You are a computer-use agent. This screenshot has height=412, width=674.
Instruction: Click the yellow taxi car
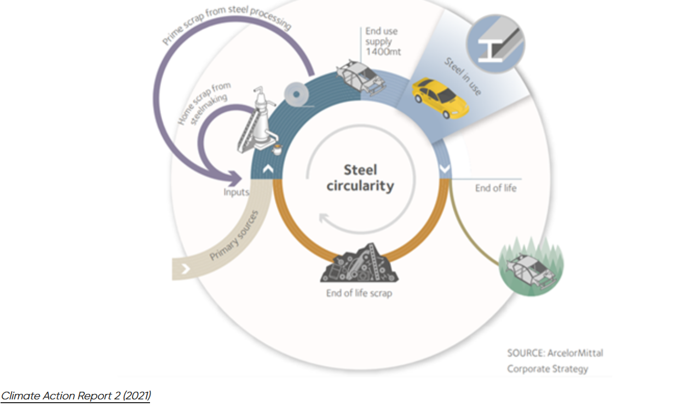coord(440,98)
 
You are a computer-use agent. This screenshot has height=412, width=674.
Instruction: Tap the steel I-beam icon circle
coord(496,44)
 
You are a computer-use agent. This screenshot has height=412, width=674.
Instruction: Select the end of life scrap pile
coord(359,263)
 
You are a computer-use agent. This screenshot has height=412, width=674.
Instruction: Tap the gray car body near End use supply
coord(361,78)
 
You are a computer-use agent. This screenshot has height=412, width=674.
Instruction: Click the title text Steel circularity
coord(360,178)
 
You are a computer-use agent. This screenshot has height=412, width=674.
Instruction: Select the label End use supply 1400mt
coord(383,41)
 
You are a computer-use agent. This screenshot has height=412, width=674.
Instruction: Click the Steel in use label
coord(463,76)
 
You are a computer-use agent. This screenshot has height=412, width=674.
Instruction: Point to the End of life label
coord(496,188)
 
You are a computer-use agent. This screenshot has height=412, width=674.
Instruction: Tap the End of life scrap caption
coord(359,293)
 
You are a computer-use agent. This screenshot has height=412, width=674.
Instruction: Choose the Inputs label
coord(237,192)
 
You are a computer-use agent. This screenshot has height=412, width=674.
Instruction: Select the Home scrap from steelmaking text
coord(204,104)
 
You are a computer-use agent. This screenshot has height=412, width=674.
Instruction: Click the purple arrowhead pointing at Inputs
coord(235,178)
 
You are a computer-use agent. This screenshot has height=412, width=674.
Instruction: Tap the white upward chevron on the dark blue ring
coord(268,169)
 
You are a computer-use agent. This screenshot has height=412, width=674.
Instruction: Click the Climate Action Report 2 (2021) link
coord(76,396)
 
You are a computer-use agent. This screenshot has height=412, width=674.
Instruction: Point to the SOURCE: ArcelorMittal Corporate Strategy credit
coord(555,361)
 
